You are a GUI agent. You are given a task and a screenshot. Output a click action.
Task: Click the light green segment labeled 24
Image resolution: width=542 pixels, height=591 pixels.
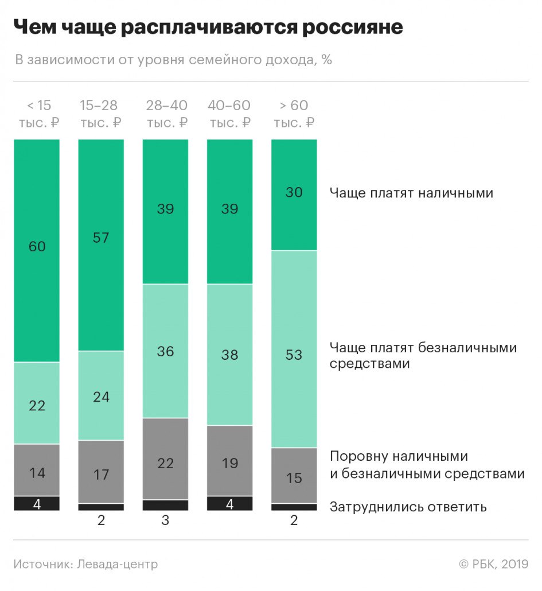101,395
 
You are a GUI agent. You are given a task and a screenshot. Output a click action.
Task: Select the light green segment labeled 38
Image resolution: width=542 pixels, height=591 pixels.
229,355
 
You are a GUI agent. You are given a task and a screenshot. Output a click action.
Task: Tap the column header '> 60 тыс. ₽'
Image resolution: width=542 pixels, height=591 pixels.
294,114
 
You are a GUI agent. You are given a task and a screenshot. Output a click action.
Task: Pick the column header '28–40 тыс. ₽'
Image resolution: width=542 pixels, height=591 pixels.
166,114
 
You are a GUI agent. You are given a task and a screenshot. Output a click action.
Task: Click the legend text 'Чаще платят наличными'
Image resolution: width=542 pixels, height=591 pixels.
411,193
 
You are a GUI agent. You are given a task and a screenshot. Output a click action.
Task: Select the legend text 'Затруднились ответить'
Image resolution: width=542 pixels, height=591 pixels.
408,507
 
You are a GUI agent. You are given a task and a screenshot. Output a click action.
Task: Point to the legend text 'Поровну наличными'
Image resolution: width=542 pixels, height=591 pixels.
399,457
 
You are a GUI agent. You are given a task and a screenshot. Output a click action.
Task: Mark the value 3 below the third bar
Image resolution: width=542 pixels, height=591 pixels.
165,521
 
